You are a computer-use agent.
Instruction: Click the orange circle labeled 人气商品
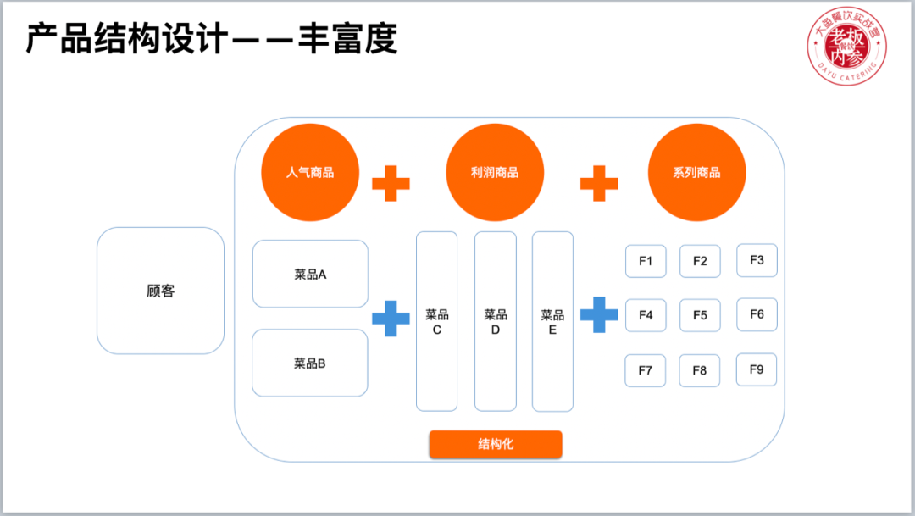pos(310,172)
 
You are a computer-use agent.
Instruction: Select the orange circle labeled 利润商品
pos(495,172)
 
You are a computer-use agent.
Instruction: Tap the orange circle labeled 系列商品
pos(696,172)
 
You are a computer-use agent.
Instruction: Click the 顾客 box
pos(160,291)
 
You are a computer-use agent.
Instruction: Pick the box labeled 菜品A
pos(310,274)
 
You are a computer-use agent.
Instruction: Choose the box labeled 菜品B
pos(310,363)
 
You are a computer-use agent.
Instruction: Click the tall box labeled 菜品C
pos(436,321)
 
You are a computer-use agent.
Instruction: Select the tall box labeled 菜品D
pos(495,321)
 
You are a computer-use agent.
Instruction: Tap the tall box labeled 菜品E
pos(552,321)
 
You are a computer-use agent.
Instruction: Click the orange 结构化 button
pos(496,444)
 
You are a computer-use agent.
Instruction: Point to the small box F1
pos(646,261)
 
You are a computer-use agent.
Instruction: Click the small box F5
pos(700,315)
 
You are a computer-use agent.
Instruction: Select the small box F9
pos(757,369)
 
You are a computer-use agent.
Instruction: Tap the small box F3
pos(757,260)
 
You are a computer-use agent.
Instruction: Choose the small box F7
pos(646,370)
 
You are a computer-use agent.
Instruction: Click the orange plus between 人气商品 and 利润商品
pos(391,183)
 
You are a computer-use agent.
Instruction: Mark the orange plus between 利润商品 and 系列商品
pos(599,183)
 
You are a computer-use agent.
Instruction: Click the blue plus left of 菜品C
pos(391,318)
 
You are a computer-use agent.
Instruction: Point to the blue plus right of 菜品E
pos(599,314)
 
